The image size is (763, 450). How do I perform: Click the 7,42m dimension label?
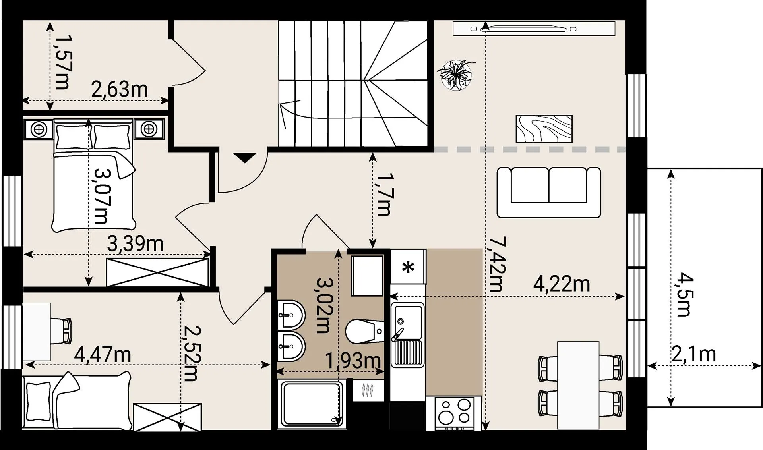tap(497, 265)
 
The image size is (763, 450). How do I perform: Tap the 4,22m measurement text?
tap(562, 284)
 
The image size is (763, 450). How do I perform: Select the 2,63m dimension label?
tap(119, 89)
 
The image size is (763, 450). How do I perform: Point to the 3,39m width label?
tap(135, 243)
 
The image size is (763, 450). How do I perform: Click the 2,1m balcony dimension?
tap(694, 353)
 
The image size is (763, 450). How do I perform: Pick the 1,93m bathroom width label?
tap(353, 361)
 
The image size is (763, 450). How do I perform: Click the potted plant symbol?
tap(456, 75)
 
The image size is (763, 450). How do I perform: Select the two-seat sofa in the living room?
tap(549, 192)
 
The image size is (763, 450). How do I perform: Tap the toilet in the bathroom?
tap(365, 331)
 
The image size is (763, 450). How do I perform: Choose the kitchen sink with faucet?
tap(407, 335)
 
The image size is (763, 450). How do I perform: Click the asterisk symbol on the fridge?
tap(408, 267)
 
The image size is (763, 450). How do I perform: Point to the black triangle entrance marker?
tap(244, 158)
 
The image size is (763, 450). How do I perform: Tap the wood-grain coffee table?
tap(544, 129)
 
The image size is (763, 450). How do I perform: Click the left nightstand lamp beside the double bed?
tap(39, 129)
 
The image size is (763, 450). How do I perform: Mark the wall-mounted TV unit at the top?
tap(534, 29)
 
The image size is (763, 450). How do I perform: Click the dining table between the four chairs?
tap(578, 385)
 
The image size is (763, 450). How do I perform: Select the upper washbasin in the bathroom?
tap(291, 315)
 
